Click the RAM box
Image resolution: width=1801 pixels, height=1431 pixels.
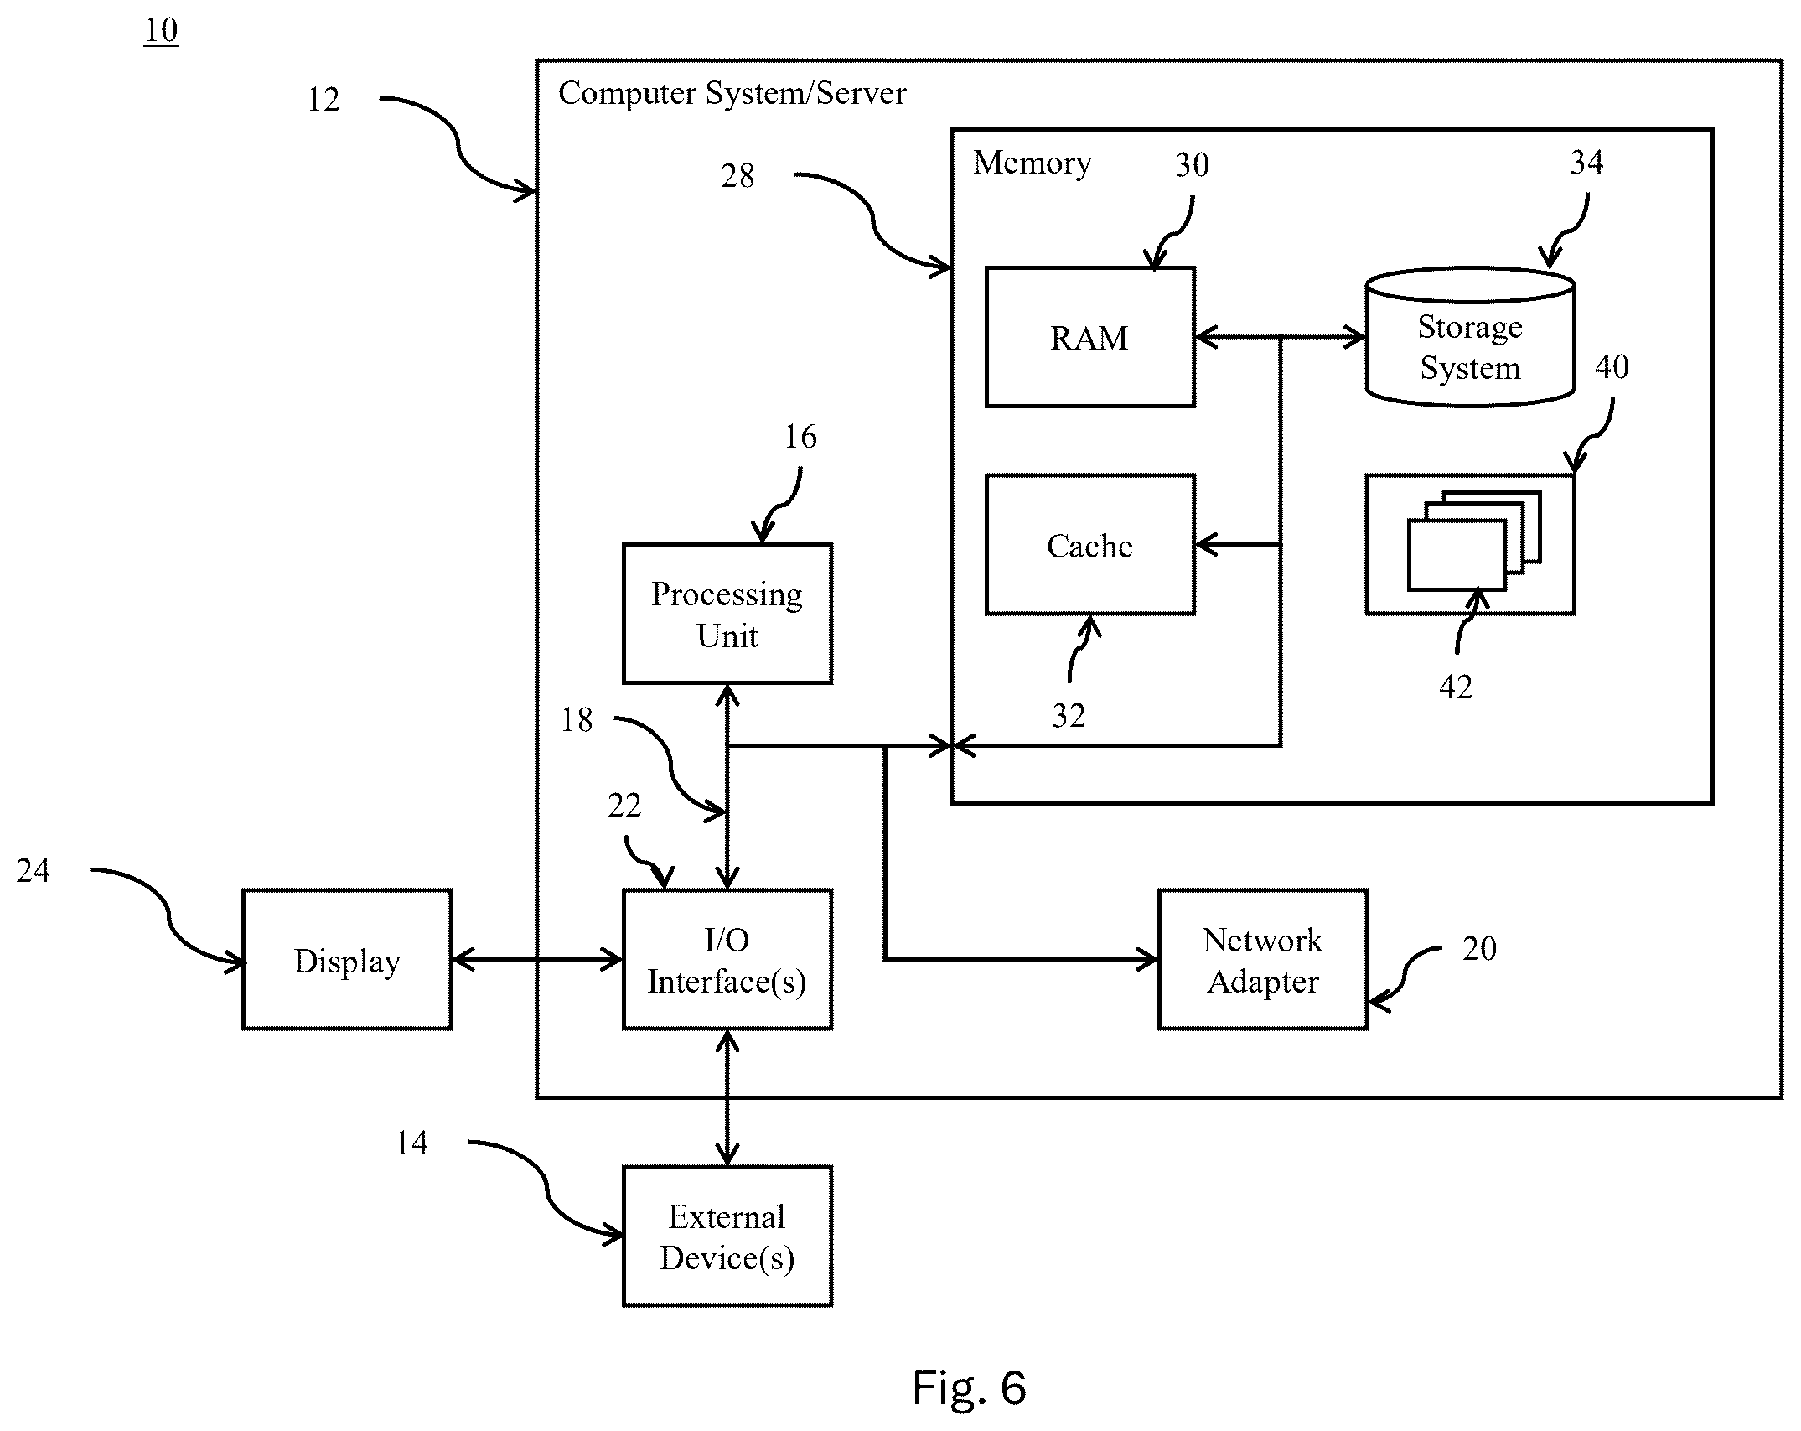(x=1089, y=337)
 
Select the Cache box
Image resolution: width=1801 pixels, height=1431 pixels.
(x=1089, y=545)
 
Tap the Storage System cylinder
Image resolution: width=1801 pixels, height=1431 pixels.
(x=1470, y=337)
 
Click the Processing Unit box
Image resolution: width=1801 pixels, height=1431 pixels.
(x=727, y=614)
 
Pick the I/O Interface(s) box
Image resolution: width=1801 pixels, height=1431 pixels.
(x=727, y=960)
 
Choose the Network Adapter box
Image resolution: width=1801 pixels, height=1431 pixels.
(x=1263, y=960)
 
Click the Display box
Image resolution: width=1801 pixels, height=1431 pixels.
(x=347, y=960)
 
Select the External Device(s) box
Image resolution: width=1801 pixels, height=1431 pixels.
(x=727, y=1237)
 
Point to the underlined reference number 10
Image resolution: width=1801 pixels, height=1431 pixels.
(x=161, y=31)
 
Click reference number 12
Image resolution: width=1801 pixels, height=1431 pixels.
(x=323, y=100)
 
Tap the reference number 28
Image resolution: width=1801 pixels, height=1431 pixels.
(x=737, y=176)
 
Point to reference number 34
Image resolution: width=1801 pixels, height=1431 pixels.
(x=1586, y=162)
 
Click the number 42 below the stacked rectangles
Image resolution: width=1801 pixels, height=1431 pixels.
(x=1456, y=687)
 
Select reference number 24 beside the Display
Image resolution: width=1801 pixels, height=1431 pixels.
(x=33, y=872)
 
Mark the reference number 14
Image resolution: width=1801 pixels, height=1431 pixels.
(x=411, y=1143)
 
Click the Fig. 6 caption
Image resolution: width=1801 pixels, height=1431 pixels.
(x=969, y=1387)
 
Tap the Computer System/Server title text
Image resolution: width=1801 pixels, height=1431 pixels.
(x=732, y=93)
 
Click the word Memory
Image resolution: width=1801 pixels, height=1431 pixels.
(x=1032, y=163)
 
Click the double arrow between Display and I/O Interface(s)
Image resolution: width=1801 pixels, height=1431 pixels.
(x=537, y=960)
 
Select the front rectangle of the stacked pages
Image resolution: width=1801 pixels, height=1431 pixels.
(x=1457, y=555)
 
